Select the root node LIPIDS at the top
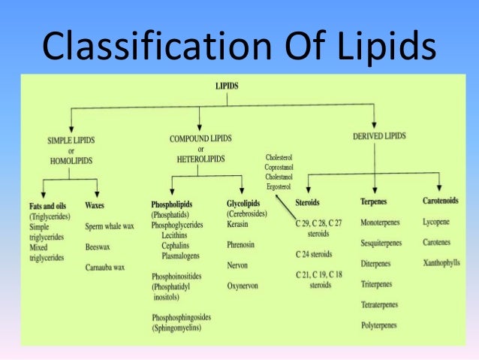coord(227,86)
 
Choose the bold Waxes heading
coord(95,204)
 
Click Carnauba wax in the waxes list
coord(109,266)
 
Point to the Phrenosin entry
coord(243,244)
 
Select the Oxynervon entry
coord(245,286)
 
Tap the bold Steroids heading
coord(309,203)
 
